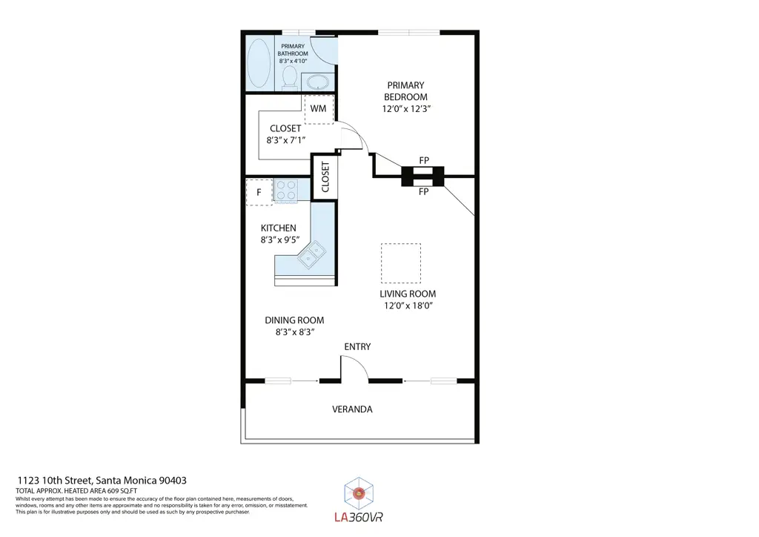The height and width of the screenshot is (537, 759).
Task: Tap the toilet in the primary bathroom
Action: pyautogui.click(x=290, y=78)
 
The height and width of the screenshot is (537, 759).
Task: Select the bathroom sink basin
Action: pyautogui.click(x=318, y=82)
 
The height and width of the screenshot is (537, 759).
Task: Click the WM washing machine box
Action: pyautogui.click(x=319, y=109)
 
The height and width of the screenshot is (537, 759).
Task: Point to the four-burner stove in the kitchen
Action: pyautogui.click(x=285, y=190)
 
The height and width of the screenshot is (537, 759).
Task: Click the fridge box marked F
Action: pyautogui.click(x=259, y=192)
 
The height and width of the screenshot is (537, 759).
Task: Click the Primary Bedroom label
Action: pyautogui.click(x=405, y=91)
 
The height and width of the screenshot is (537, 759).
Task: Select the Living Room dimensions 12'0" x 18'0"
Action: pyautogui.click(x=408, y=306)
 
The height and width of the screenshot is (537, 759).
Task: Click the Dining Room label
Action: pyautogui.click(x=294, y=320)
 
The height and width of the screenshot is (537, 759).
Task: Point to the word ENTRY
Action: pyautogui.click(x=357, y=346)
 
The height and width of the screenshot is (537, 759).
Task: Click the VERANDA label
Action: pyautogui.click(x=352, y=409)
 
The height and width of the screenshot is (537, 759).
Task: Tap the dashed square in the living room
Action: pyautogui.click(x=401, y=263)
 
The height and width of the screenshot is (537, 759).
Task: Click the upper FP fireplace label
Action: pyautogui.click(x=424, y=160)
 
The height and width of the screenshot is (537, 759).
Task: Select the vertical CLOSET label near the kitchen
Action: pyautogui.click(x=325, y=177)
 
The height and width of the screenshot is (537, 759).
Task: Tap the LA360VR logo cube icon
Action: pyautogui.click(x=359, y=493)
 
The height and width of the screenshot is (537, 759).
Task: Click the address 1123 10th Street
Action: pyautogui.click(x=55, y=481)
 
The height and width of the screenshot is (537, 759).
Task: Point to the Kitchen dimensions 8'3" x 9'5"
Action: pyautogui.click(x=279, y=240)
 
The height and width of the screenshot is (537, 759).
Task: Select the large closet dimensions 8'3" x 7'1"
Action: pyautogui.click(x=285, y=140)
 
